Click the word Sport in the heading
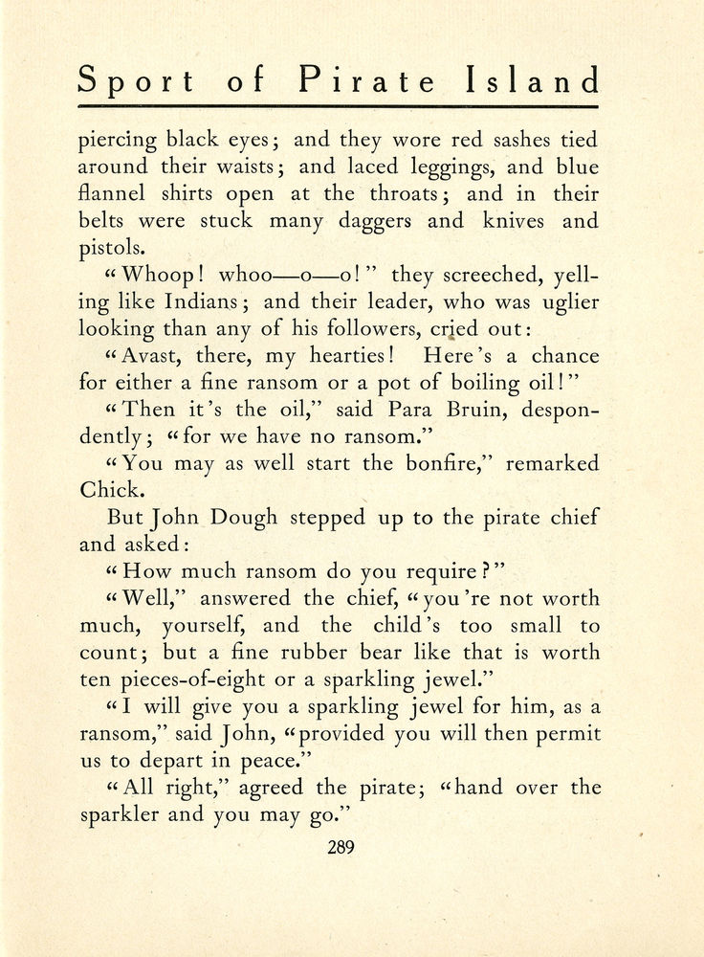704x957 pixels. click(x=135, y=80)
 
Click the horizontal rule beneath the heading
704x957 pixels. click(x=339, y=106)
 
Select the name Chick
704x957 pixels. click(x=105, y=491)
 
